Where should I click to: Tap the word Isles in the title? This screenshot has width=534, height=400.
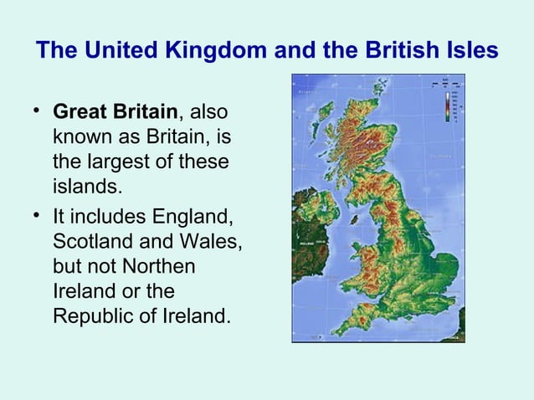(x=468, y=51)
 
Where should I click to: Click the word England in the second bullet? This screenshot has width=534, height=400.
(x=194, y=219)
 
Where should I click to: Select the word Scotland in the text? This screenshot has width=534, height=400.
(x=90, y=244)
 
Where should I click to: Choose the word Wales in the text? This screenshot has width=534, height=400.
(x=213, y=244)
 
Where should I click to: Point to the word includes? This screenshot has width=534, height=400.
(x=108, y=219)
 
